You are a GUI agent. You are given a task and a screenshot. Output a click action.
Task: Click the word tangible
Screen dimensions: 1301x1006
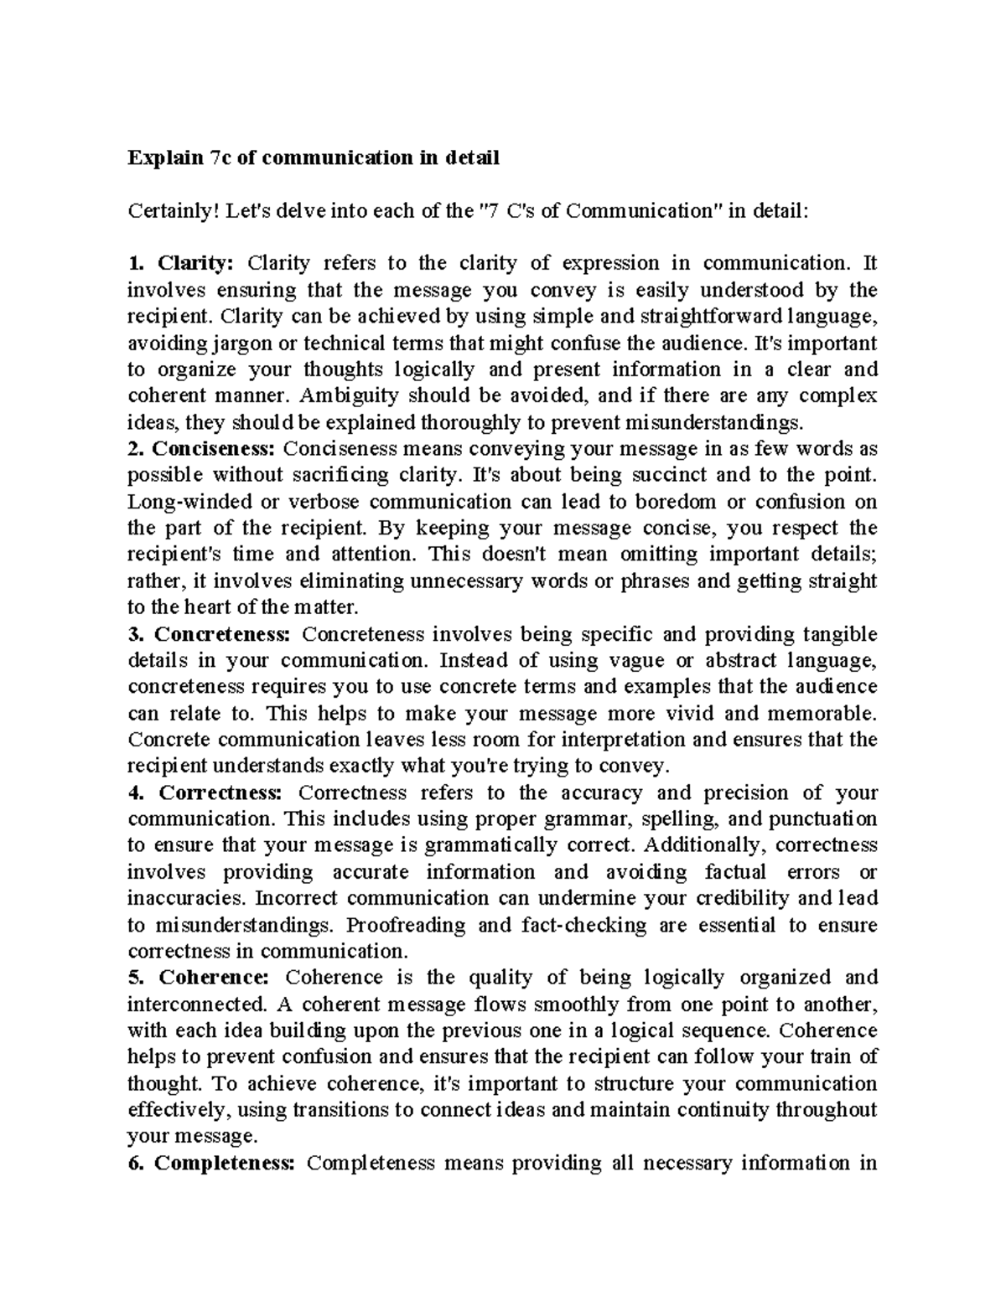pyautogui.click(x=840, y=633)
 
